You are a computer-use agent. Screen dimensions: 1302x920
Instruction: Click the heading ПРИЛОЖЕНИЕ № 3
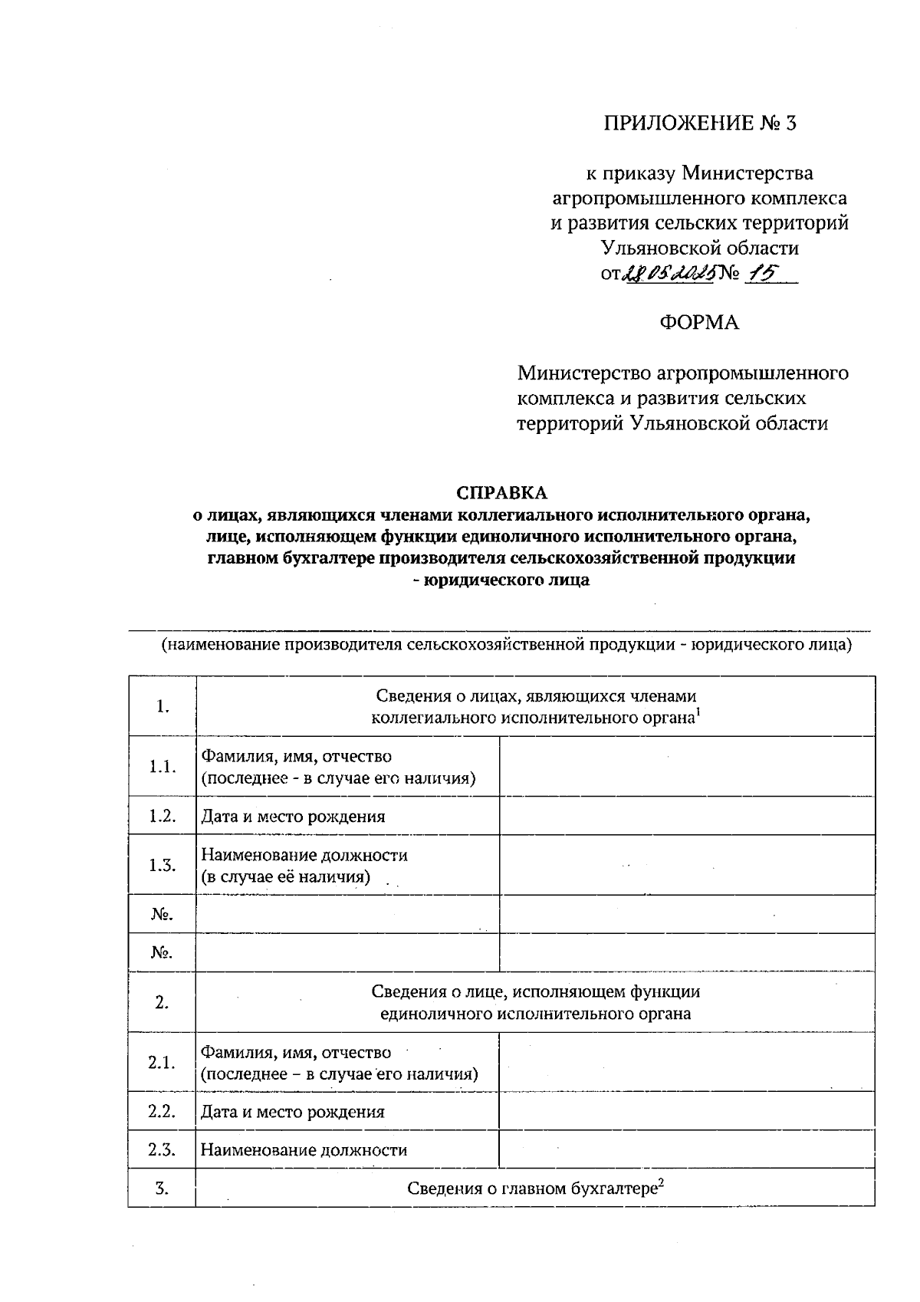(700, 123)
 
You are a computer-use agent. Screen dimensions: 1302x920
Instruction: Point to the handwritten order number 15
(760, 272)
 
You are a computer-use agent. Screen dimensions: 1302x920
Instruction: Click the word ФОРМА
(699, 322)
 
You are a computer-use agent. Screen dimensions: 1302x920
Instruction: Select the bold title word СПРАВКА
(502, 491)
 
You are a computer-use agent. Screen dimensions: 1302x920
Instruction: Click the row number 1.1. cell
(162, 766)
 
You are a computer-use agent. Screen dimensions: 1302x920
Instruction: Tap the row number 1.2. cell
(162, 815)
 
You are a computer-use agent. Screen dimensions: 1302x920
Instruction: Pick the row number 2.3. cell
(162, 1149)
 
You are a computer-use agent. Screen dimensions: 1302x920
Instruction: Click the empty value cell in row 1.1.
(687, 766)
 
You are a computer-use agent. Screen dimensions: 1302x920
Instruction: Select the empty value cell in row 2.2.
(687, 1110)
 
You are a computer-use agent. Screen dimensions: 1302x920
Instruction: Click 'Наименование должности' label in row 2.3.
(304, 1149)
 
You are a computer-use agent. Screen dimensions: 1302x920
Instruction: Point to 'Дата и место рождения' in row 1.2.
(293, 816)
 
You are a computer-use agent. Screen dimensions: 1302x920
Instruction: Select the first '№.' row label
(162, 914)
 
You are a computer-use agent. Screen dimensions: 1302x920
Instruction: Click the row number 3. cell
(162, 1188)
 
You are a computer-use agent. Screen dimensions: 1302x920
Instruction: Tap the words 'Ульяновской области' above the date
(699, 248)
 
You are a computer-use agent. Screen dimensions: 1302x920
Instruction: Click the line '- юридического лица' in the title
(502, 580)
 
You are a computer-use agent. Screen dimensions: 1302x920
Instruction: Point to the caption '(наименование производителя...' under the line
(506, 644)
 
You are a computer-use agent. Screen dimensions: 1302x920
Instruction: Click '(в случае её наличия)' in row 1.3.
(286, 876)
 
